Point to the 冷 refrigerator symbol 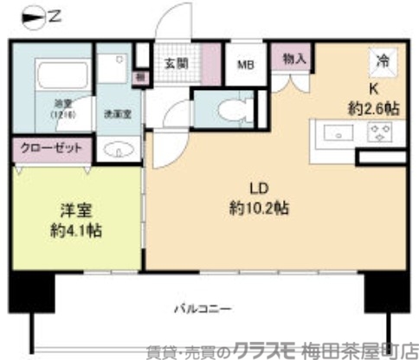(x=381, y=61)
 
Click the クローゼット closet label (x=52, y=148)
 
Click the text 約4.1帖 (x=75, y=231)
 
